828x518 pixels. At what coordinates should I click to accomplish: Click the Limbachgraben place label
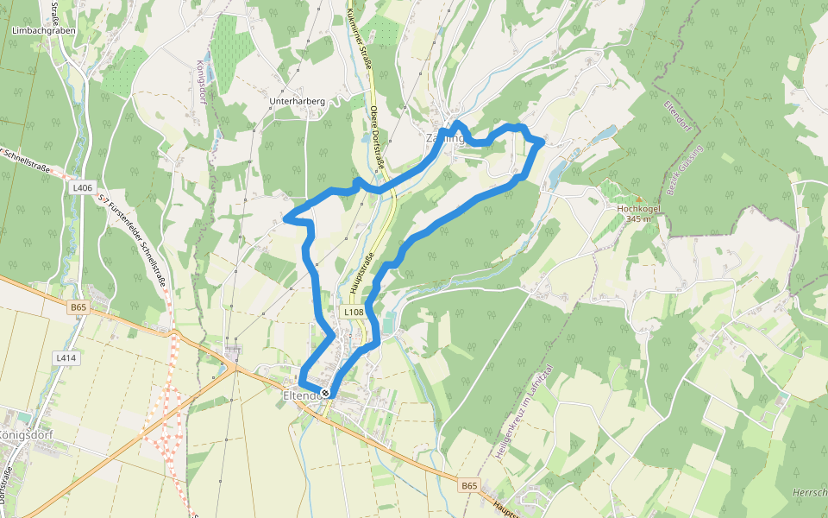(44, 30)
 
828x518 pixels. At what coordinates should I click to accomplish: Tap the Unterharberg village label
(297, 101)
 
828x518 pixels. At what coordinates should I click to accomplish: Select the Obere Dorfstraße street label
(377, 137)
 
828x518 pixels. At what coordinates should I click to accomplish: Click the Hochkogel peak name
(638, 208)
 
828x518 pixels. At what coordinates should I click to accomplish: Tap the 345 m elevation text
(638, 218)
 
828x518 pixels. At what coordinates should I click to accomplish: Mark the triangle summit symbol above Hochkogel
(638, 198)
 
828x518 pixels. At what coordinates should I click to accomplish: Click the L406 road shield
(83, 187)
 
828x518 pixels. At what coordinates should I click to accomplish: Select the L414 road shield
(66, 357)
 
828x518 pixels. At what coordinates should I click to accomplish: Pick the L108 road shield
(353, 312)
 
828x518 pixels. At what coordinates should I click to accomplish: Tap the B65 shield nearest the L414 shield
(79, 306)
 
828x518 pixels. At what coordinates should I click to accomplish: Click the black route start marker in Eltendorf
(325, 394)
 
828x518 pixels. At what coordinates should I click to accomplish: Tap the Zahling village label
(444, 138)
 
